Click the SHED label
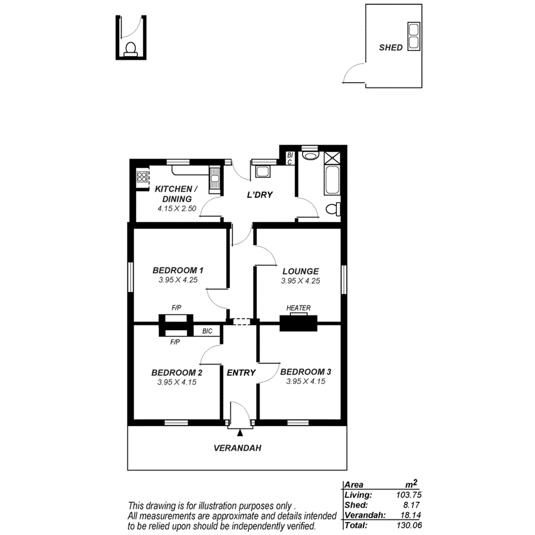point(390,48)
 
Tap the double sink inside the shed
point(413,36)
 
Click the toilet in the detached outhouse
point(130,50)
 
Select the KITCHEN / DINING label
point(176,193)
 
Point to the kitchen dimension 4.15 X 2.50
point(177,209)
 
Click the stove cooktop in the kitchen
point(142,178)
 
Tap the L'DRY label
point(259,195)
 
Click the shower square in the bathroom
point(333,157)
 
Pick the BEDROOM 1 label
point(178,270)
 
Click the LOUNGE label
point(300,271)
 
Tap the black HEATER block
point(298,323)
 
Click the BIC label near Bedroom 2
point(207,331)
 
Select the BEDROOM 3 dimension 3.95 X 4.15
point(305,381)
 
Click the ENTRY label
point(241,373)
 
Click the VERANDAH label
point(238,448)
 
